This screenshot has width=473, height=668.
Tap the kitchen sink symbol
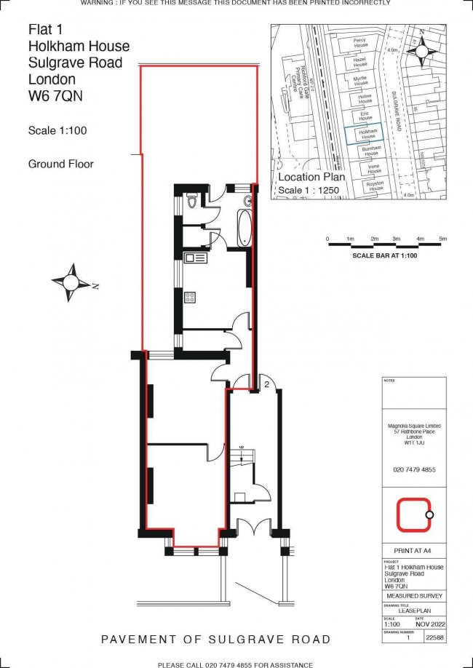[196, 258]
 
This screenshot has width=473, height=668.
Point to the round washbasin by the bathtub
[247, 199]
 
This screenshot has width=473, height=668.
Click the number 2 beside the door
[267, 383]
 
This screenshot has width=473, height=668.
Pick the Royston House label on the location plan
[374, 186]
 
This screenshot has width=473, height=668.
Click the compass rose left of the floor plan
[72, 282]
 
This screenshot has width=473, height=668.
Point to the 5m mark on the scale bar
[442, 239]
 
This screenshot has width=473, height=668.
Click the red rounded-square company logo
[413, 515]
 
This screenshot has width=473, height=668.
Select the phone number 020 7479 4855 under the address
[413, 470]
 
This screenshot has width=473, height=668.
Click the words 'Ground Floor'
[61, 164]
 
